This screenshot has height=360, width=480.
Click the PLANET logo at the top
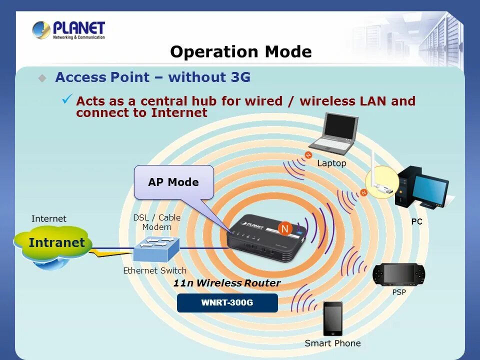click(69, 29)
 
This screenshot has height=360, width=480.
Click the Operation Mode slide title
click(240, 52)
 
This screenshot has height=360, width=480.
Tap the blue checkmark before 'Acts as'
click(67, 99)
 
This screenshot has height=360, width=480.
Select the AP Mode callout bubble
click(173, 182)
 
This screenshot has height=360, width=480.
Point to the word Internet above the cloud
click(49, 218)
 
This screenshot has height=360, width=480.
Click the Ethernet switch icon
click(156, 248)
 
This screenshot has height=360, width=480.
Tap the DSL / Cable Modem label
click(156, 222)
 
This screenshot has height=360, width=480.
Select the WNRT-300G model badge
click(227, 303)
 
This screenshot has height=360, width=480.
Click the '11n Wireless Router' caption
click(226, 283)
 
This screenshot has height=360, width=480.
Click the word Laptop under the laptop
click(331, 163)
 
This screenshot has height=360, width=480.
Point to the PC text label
click(417, 221)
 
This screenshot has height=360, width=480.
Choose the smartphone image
click(332, 318)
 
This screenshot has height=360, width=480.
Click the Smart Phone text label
click(332, 343)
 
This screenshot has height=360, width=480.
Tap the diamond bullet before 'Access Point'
click(42, 78)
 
